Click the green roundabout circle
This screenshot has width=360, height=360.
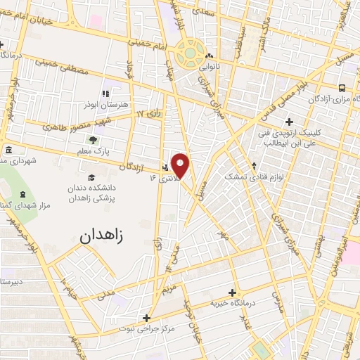(x=190, y=51)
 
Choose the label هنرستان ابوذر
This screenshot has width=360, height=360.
(x=120, y=103)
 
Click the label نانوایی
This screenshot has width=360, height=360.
(x=210, y=68)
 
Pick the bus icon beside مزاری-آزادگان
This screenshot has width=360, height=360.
(x=342, y=89)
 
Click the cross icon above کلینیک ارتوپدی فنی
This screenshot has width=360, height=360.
(x=289, y=122)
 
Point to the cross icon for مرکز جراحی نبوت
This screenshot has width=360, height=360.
(x=146, y=318)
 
